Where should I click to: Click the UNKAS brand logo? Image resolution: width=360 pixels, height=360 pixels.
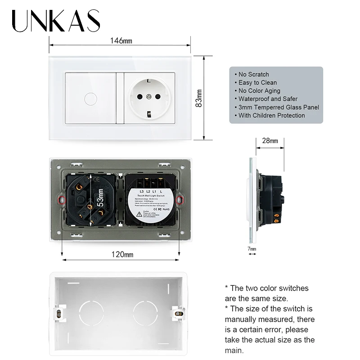click(56, 21)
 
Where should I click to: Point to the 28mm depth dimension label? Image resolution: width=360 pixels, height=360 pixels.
click(270, 140)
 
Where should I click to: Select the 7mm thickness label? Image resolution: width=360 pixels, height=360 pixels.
click(252, 249)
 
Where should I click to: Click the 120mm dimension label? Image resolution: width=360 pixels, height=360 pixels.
click(122, 255)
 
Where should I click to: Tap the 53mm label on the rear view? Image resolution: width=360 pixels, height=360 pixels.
click(100, 197)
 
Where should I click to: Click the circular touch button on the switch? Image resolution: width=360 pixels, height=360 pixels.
click(90, 97)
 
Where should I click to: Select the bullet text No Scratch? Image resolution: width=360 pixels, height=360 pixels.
click(253, 74)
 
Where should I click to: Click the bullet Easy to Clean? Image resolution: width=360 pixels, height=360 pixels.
click(257, 82)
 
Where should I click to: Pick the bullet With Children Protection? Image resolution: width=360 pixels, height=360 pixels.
click(271, 115)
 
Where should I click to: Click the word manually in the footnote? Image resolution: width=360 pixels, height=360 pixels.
click(246, 319)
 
